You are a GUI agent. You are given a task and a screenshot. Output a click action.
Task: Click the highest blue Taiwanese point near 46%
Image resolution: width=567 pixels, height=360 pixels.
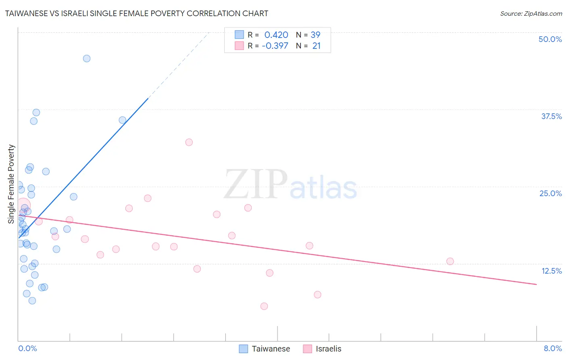coord(87,59)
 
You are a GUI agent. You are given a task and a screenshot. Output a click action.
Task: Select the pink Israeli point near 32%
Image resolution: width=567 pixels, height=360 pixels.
coord(189,142)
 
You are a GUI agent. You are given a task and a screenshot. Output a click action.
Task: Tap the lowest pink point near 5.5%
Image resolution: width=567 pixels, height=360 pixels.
coord(264,306)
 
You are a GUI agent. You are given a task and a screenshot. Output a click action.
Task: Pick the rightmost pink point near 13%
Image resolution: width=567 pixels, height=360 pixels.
coord(450,261)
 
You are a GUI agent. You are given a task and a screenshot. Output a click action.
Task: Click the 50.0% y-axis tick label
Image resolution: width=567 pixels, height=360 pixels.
coord(550,39)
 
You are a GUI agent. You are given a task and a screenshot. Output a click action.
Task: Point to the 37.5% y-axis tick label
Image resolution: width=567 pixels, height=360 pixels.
coord(551,116)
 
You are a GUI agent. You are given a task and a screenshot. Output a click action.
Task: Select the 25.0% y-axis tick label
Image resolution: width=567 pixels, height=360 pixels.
coord(550,193)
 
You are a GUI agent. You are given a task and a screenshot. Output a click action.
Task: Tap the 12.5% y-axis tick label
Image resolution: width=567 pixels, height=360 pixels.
coord(551,271)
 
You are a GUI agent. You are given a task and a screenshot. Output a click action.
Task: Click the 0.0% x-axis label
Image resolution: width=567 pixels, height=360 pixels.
coord(27,348)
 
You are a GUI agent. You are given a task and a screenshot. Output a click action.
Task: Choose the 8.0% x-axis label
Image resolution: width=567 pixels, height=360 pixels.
coord(552,348)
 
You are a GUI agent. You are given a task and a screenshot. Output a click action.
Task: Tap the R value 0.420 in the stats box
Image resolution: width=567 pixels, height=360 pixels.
coord(276,35)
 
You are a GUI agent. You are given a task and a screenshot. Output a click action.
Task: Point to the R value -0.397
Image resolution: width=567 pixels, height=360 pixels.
coord(275,46)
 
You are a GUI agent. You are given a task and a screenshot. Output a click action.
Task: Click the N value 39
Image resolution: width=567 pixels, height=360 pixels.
coord(315,35)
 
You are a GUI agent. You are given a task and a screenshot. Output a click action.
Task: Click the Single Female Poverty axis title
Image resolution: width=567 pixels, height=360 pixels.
coord(11,184)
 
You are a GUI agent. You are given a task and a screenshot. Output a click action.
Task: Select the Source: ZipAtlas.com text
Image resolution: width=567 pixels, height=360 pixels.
coord(531,13)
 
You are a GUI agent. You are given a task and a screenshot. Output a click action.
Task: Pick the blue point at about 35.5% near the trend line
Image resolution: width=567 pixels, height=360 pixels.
coord(123,120)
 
